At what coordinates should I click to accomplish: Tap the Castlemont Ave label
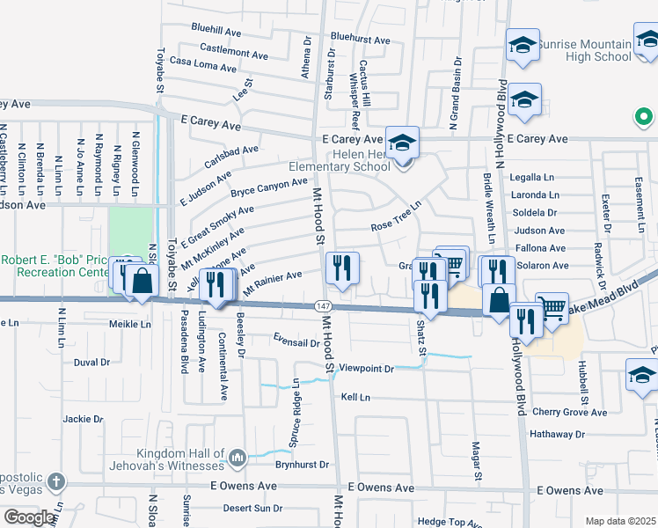tap(233, 53)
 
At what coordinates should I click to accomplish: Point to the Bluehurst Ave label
tap(360, 40)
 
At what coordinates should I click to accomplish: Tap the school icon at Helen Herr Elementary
tap(402, 142)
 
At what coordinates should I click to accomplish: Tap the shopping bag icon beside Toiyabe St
tap(141, 282)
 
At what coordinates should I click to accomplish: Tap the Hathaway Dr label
tap(557, 434)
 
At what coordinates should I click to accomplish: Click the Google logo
tap(30, 517)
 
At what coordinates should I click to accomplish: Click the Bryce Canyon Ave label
tap(269, 187)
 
